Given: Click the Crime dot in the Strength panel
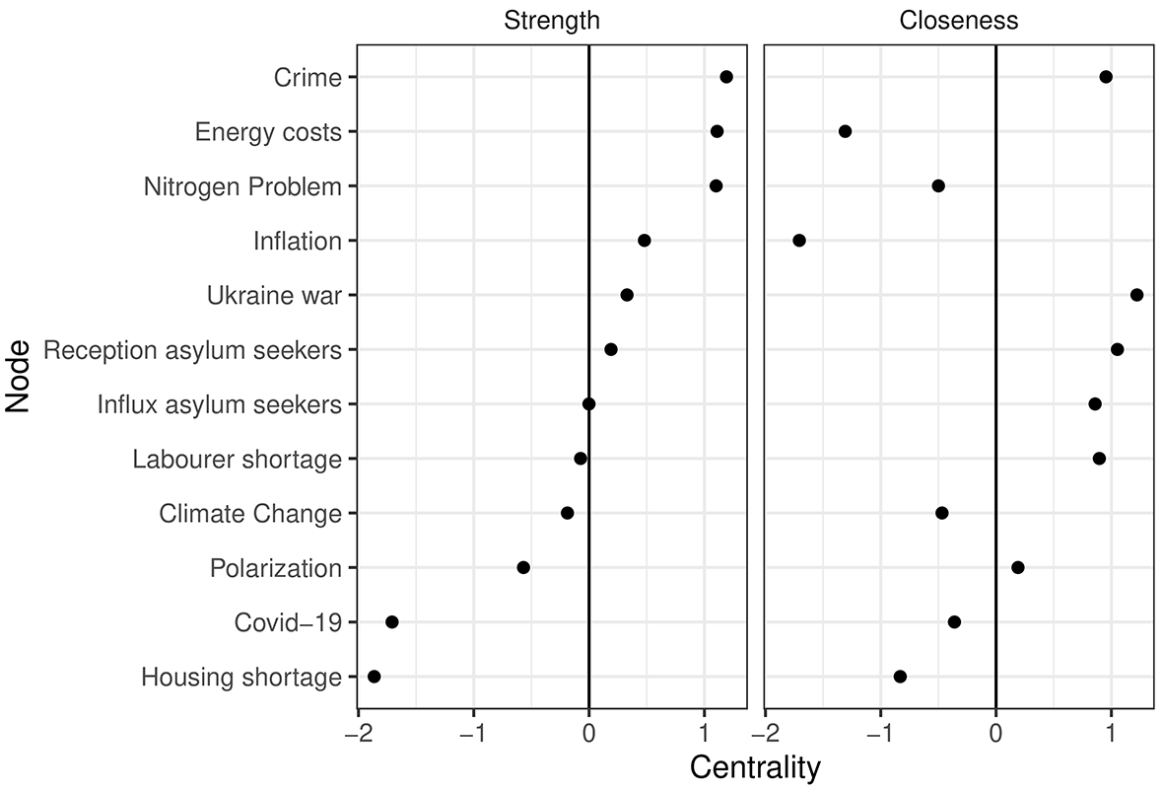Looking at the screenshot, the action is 726,77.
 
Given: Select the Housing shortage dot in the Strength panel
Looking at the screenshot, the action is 375,676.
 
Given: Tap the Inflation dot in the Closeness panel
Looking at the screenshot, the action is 798,241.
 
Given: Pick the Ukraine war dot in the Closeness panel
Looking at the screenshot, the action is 1136,295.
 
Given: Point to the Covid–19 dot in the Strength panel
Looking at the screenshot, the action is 392,621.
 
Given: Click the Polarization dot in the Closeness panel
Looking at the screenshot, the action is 1018,568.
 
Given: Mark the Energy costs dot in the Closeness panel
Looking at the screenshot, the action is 845,131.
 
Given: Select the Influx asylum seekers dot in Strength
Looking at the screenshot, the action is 588,404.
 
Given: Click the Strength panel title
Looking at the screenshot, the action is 552,20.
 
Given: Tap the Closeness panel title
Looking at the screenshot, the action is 958,20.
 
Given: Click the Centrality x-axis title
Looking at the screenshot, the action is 755,767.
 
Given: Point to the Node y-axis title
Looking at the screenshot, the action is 17,376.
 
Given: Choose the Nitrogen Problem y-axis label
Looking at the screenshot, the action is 242,186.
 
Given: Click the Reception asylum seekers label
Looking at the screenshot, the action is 193,350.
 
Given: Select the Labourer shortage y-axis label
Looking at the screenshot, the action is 238,460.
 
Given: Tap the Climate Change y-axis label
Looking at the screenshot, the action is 250,514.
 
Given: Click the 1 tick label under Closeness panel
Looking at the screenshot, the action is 1111,734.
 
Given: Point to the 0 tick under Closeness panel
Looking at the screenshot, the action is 995,734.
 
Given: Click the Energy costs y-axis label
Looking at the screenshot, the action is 268,132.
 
